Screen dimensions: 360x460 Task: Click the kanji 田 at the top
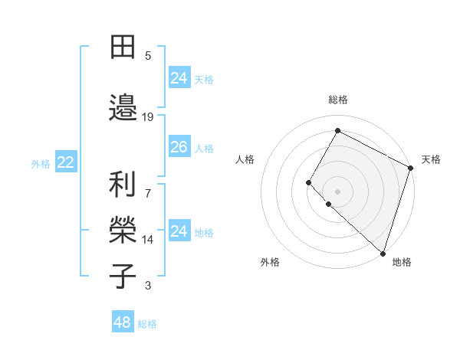point(123,47)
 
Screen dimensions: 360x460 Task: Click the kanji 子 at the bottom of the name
point(123,276)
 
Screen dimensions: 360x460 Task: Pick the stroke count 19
point(148,116)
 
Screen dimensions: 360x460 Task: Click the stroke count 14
point(148,240)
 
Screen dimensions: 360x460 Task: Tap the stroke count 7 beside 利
point(148,185)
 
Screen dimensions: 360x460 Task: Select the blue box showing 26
point(179,147)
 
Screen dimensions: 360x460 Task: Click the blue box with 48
point(122,322)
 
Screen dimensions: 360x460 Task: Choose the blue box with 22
point(66,162)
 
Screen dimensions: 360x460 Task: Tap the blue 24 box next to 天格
point(179,77)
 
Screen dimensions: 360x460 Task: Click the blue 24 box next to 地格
point(179,231)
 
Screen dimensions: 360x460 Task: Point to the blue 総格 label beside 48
point(147,324)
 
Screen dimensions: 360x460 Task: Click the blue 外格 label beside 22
point(41,163)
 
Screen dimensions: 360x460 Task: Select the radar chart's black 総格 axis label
point(338,100)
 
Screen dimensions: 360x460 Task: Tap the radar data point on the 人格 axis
point(309,182)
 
